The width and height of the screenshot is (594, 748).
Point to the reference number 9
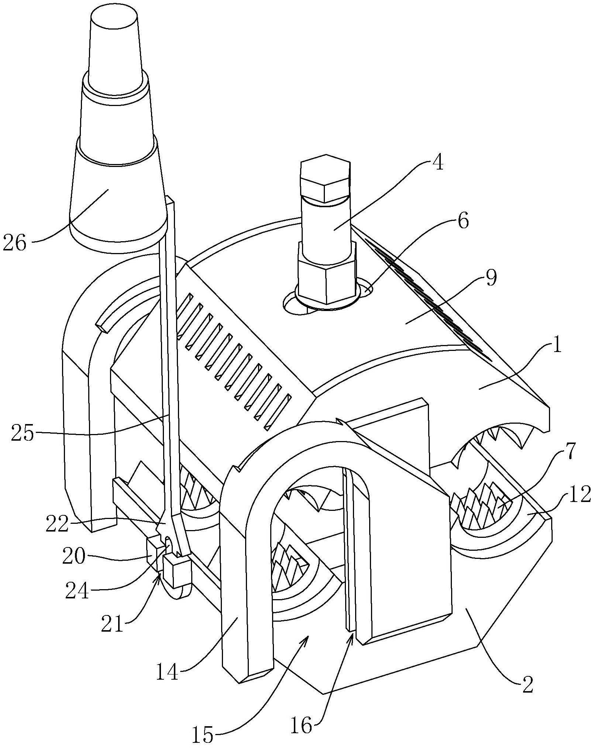[491, 279]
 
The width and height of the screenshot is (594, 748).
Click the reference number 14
[167, 672]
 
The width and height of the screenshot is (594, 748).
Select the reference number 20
[74, 555]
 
